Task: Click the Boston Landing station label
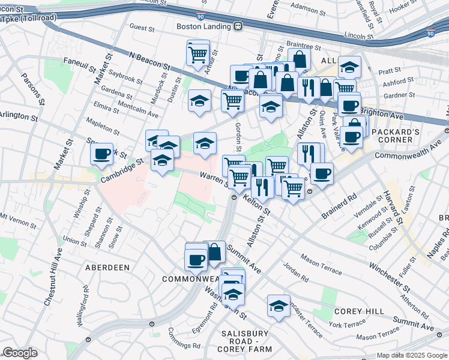[x=204, y=26]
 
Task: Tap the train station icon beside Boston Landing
[x=238, y=26]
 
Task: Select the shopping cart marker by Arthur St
[x=197, y=54]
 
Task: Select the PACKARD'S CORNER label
[x=392, y=136]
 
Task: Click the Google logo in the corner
[x=20, y=353]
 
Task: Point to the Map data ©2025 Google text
[x=411, y=355]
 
